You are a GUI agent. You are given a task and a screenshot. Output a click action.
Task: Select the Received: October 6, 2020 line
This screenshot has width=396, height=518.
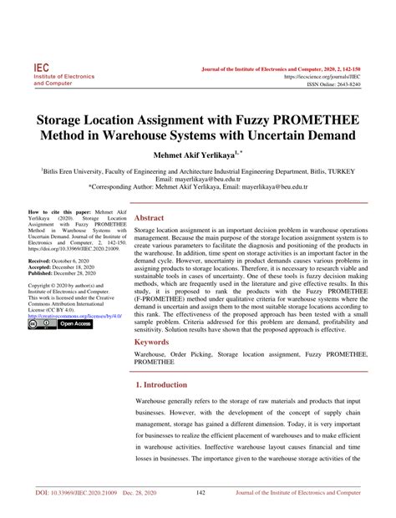(63, 260)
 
